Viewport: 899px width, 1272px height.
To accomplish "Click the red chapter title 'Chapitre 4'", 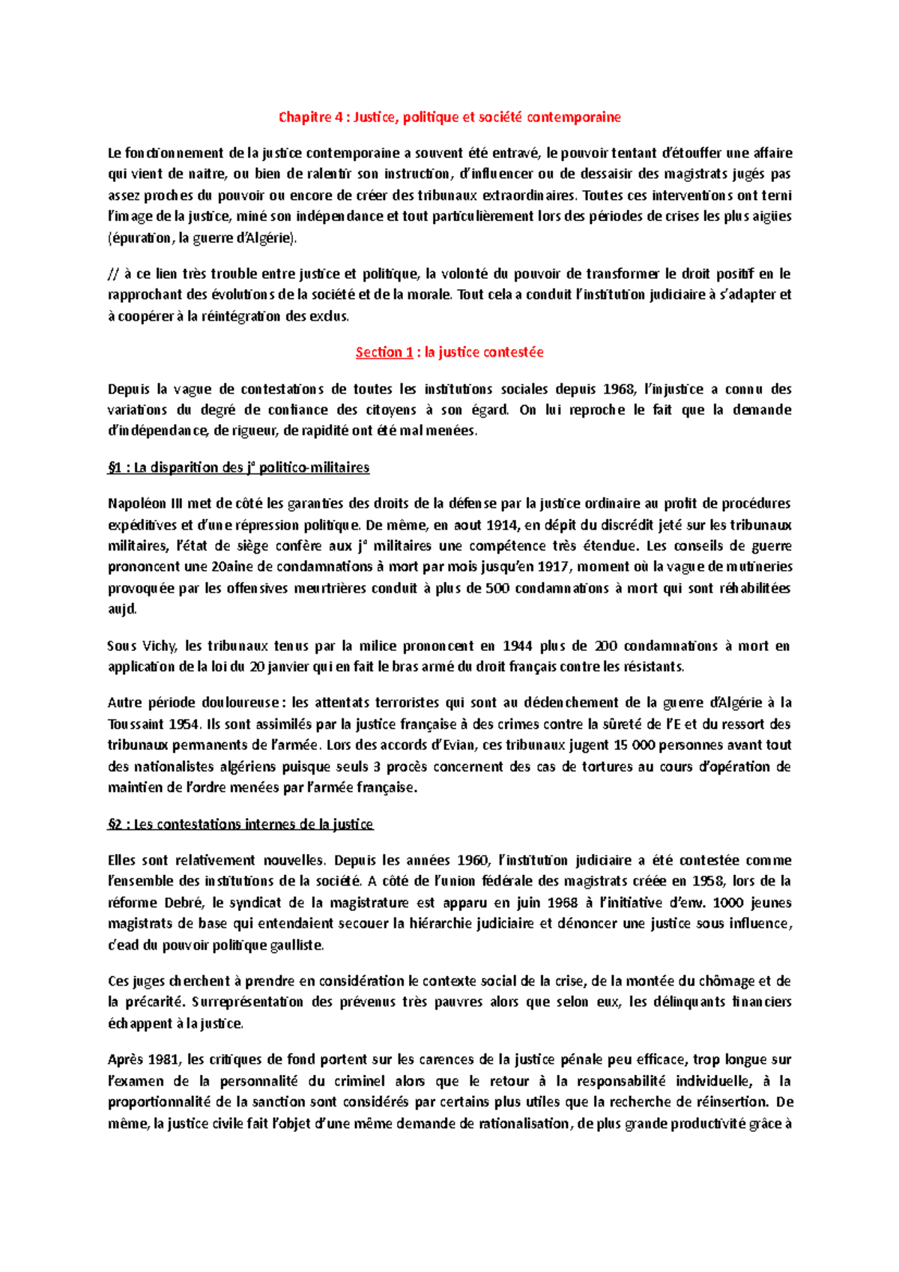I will point(308,117).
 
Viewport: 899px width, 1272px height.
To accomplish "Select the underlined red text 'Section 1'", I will point(384,352).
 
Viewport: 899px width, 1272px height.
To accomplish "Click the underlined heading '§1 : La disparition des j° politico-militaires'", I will point(238,467).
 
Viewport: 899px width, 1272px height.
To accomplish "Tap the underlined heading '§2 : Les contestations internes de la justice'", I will point(240,824).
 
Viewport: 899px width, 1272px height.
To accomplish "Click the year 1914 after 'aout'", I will point(502,524).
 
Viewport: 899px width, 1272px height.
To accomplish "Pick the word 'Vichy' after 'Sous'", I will point(158,646).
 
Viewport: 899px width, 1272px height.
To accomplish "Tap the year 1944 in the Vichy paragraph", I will point(518,646).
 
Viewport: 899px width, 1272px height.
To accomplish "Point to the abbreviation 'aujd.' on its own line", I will point(122,609).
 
